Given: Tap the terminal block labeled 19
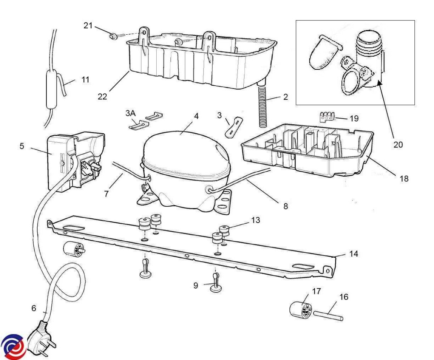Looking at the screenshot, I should [327, 117].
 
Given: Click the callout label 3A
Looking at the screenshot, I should [131, 113].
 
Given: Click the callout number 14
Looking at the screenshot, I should [354, 254].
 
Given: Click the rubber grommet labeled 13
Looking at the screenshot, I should [225, 230].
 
